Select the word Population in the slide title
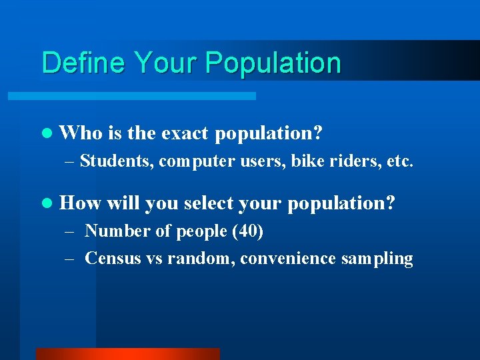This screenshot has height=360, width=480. [x=273, y=63]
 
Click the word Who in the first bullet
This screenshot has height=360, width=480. [x=81, y=133]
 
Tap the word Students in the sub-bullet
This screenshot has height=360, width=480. [x=117, y=161]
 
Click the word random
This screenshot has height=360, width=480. [x=201, y=258]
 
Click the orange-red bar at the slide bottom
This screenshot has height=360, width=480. [x=127, y=353]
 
